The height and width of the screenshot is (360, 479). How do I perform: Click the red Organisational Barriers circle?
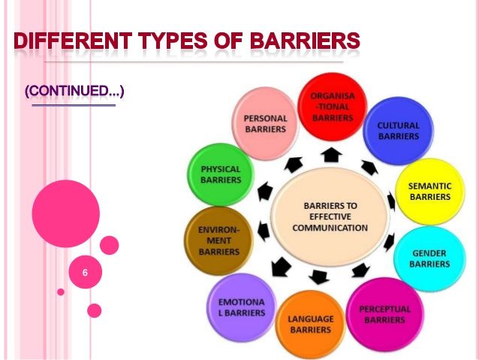click(332, 107)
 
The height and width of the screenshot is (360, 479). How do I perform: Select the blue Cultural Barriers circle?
click(399, 131)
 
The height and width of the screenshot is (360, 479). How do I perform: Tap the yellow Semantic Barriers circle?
click(430, 192)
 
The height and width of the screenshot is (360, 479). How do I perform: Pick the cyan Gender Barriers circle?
click(429, 259)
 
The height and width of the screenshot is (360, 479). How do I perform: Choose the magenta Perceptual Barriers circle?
click(385, 314)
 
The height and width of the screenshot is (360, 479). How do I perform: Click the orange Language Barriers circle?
click(310, 324)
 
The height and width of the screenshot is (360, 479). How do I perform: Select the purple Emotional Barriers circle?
click(242, 307)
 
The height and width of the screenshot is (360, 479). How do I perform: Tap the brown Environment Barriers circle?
click(218, 241)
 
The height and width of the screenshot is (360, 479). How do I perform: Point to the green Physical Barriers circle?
click(221, 174)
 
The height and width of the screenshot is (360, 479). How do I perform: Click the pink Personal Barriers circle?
click(265, 123)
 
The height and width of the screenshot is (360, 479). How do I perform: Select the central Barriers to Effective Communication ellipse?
click(330, 216)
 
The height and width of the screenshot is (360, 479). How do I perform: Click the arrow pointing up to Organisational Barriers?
click(331, 155)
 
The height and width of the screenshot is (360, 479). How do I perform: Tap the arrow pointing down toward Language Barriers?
click(318, 277)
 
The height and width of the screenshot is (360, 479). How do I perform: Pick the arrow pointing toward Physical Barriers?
click(265, 192)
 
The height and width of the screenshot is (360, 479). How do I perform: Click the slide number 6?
click(85, 273)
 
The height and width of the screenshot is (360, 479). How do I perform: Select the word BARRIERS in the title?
click(305, 41)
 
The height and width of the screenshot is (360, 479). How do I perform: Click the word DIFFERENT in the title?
click(73, 41)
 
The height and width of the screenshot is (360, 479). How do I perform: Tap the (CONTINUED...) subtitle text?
click(74, 91)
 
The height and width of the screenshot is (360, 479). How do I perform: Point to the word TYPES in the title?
click(173, 41)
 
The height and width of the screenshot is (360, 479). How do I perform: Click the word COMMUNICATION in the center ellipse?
click(330, 228)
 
